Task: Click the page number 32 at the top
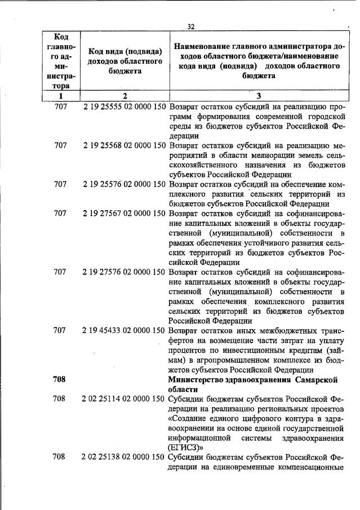[191, 26]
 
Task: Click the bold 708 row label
[60, 379]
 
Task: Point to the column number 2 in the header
[125, 96]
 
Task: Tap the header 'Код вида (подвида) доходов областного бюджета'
[125, 61]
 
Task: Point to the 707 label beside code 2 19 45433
[60, 330]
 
